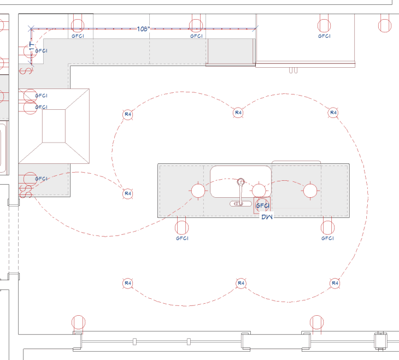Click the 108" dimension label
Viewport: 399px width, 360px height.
(x=143, y=29)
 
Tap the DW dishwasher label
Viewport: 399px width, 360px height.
(x=267, y=217)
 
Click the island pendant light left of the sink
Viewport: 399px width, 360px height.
(x=198, y=191)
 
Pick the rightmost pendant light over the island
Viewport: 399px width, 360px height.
(x=310, y=191)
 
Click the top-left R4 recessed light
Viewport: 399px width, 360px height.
(x=128, y=115)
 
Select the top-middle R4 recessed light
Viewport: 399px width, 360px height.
(x=238, y=113)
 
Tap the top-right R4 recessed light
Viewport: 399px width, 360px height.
(x=333, y=113)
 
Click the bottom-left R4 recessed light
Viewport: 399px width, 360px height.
(x=128, y=283)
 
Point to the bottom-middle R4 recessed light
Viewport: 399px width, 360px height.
(x=241, y=283)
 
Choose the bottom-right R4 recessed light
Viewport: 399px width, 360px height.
(x=335, y=283)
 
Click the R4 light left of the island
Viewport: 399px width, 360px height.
(x=128, y=193)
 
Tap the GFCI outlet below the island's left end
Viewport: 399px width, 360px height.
(x=182, y=228)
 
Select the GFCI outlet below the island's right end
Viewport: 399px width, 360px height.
(x=327, y=228)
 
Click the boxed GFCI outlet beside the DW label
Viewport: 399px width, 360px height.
(x=262, y=205)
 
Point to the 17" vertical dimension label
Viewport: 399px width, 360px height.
(x=32, y=47)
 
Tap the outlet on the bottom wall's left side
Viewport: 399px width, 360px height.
(x=78, y=323)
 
